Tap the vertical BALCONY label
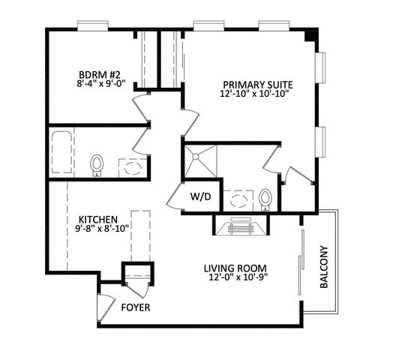[325, 268]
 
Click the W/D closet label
[199, 198]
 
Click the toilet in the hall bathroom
[96, 163]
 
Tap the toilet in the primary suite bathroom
[265, 199]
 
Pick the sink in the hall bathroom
[133, 167]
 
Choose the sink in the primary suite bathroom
[239, 200]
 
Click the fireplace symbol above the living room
[241, 227]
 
